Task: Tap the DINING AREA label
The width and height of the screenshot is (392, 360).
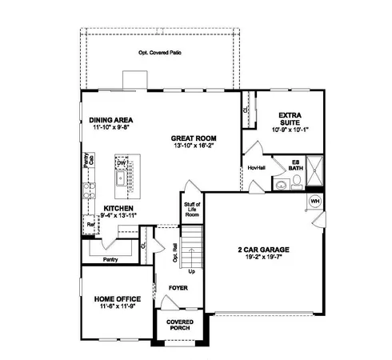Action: (110, 120)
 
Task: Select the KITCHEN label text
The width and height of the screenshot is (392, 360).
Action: (119, 207)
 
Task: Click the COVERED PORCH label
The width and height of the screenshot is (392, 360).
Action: (180, 325)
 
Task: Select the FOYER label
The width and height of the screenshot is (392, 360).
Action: (177, 286)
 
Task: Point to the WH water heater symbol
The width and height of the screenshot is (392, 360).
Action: (314, 200)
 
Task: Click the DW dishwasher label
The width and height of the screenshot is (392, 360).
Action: (122, 163)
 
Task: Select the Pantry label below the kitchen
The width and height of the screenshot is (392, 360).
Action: (110, 259)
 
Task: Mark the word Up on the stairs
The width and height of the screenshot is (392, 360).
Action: (190, 271)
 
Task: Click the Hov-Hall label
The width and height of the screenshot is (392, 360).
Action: (256, 168)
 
